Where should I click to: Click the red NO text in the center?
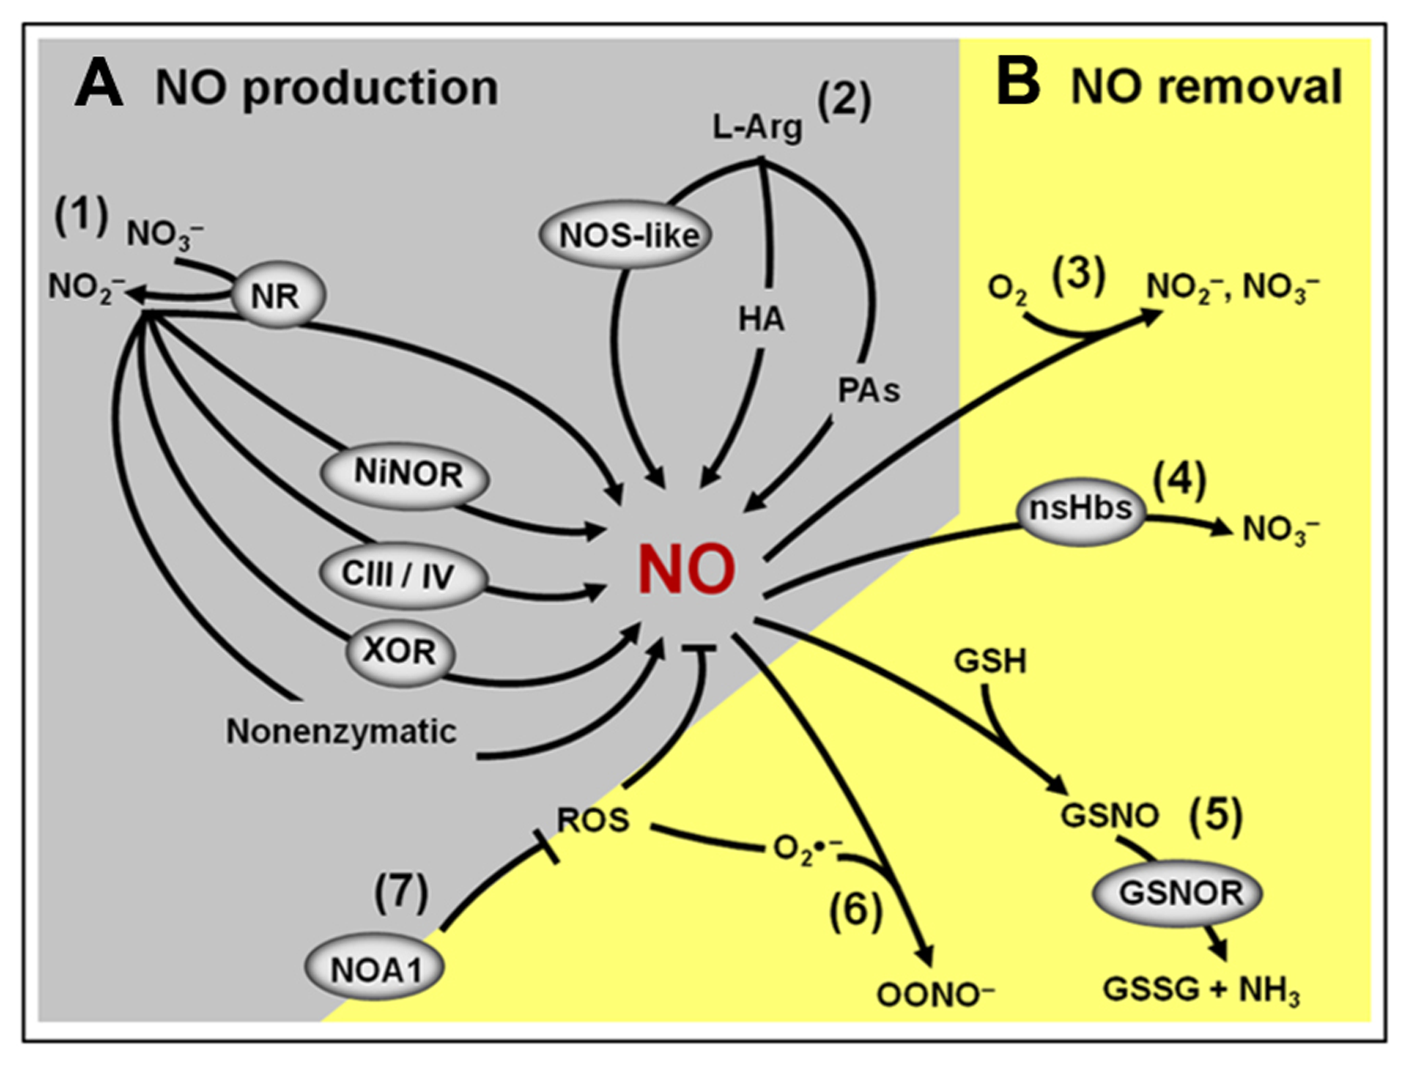click(x=686, y=571)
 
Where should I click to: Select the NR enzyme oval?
click(x=277, y=296)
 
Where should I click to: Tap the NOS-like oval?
click(x=625, y=235)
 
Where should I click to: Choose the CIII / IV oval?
click(x=401, y=575)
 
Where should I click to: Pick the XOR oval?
click(x=400, y=652)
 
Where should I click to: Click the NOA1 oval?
click(x=375, y=969)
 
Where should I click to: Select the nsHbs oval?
click(x=1080, y=509)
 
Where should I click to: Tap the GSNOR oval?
click(x=1177, y=893)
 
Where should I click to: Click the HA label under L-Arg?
click(x=761, y=319)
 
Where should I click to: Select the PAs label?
click(x=868, y=390)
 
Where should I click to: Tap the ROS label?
click(x=592, y=820)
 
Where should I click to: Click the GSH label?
click(x=990, y=661)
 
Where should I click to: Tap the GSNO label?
click(x=1109, y=816)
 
